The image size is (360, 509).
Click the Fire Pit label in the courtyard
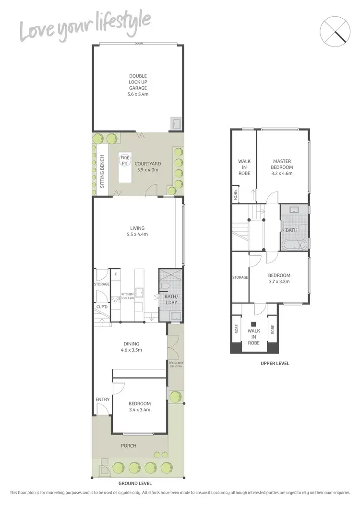(x=125, y=161)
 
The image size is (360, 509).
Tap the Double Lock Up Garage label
(x=138, y=85)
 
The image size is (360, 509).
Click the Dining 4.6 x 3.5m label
(x=131, y=347)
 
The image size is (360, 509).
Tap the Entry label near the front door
(x=103, y=400)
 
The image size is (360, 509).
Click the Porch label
(x=129, y=446)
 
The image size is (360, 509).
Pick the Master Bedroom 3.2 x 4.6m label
(x=282, y=167)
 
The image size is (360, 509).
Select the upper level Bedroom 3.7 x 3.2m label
(x=279, y=278)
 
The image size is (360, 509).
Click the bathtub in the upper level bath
(x=293, y=245)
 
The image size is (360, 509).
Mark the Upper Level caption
(x=275, y=363)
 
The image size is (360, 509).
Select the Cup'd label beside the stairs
(x=101, y=307)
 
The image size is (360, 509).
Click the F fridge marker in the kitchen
(x=115, y=275)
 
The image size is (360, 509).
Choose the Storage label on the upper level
(x=240, y=277)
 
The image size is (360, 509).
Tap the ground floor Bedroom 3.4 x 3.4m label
(x=140, y=406)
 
